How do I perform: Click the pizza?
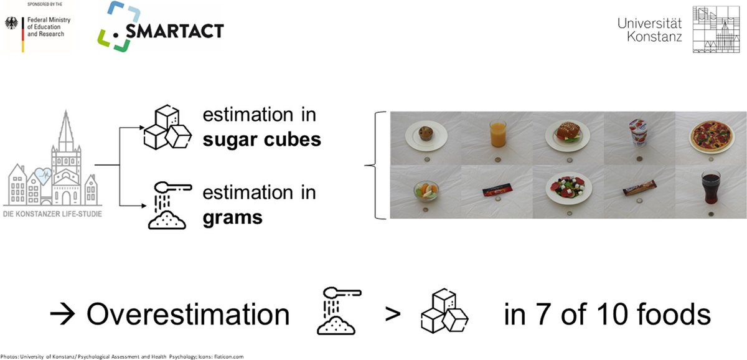pyautogui.click(x=710, y=136)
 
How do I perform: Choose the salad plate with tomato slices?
pyautogui.click(x=568, y=191)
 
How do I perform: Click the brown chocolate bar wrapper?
pyautogui.click(x=639, y=192)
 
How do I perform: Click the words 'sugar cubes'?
pyautogui.click(x=261, y=139)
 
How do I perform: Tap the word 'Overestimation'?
pyautogui.click(x=188, y=315)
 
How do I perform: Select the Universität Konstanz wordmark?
pyautogui.click(x=649, y=30)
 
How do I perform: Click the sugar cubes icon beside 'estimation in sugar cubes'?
pyautogui.click(x=165, y=128)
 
